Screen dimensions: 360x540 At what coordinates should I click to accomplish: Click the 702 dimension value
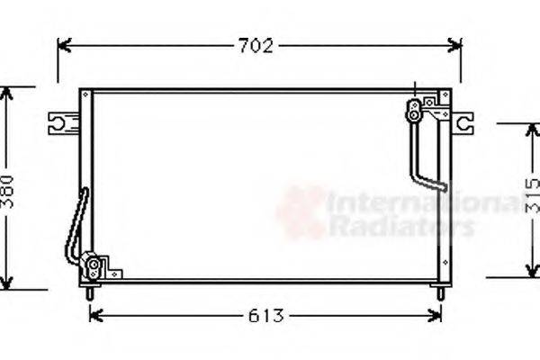pos(256,46)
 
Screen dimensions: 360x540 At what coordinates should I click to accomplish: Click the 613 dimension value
pos(265,316)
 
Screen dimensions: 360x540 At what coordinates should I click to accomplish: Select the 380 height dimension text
pos(8,191)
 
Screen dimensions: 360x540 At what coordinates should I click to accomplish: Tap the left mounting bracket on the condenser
pos(62,121)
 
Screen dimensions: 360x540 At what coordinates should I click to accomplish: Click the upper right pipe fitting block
pos(415,110)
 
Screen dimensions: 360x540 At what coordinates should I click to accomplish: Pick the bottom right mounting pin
pos(439,292)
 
